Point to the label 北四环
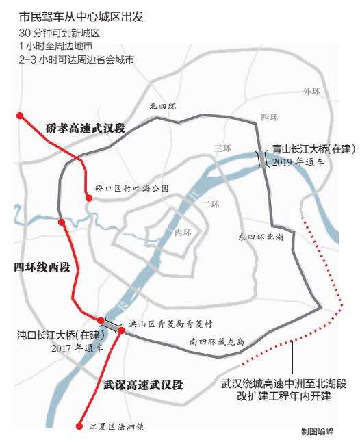pyautogui.click(x=163, y=107)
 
